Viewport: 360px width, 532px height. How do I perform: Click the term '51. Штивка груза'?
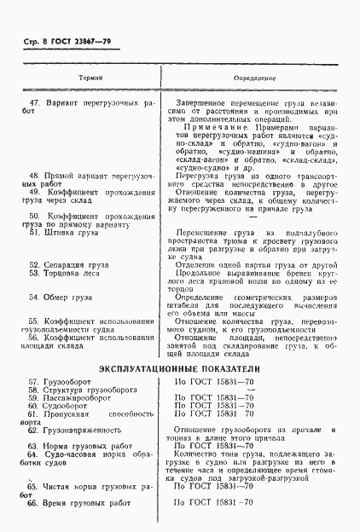click(71, 232)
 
